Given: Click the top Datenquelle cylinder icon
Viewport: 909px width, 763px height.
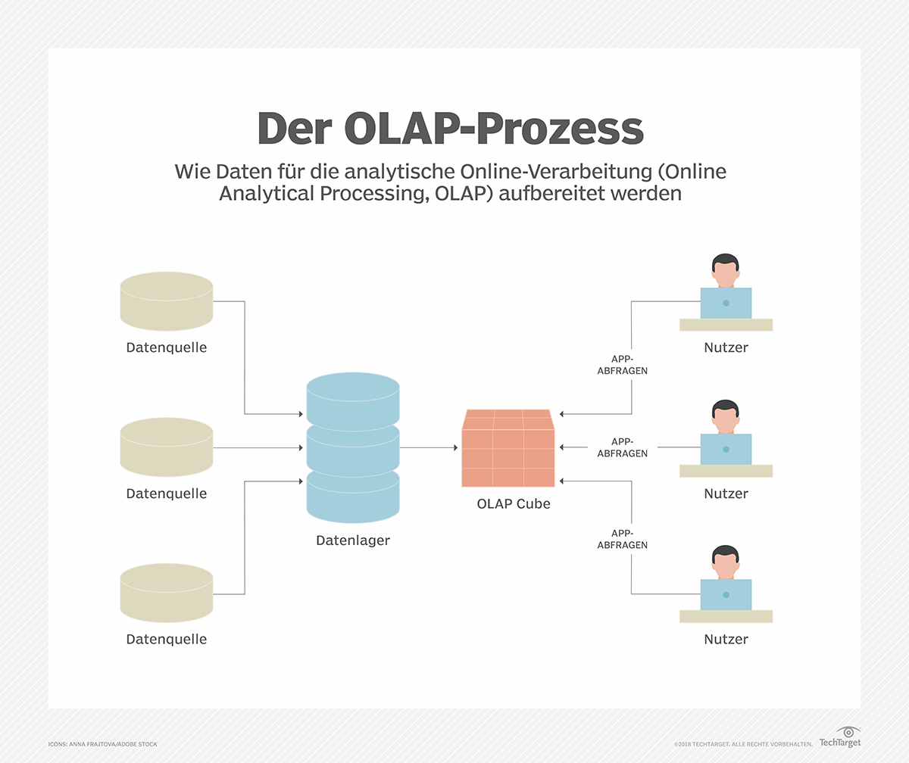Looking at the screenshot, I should (x=167, y=301).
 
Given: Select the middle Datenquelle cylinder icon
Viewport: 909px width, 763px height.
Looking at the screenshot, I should (x=167, y=447).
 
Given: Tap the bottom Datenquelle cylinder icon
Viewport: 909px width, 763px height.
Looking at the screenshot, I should (x=167, y=593).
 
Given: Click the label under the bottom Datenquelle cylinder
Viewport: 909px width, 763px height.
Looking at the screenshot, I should (x=167, y=639).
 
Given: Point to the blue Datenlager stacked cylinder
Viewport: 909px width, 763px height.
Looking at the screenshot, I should (x=353, y=447).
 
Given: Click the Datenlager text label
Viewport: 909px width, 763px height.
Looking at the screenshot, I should (x=353, y=540).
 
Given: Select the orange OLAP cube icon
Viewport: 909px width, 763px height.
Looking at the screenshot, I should (x=508, y=448).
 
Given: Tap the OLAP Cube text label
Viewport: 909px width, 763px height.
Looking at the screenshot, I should (x=514, y=503).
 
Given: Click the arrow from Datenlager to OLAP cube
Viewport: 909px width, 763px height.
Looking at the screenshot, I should (x=428, y=447).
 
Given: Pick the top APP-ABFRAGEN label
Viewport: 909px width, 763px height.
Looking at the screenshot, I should (x=622, y=365).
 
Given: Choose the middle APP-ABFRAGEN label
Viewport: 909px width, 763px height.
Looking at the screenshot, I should (x=622, y=447).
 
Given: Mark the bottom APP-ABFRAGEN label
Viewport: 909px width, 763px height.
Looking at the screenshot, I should (x=622, y=539).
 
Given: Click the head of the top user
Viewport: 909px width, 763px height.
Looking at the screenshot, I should (x=726, y=269).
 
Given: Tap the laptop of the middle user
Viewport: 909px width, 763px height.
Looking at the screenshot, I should (x=726, y=449).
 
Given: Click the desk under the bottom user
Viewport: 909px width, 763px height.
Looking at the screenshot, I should (x=726, y=616).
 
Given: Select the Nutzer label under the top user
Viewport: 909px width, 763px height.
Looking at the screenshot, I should (x=726, y=347).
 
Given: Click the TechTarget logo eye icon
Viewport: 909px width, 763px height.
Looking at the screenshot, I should (x=850, y=732).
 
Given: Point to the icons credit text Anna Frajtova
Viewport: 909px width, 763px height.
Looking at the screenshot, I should (x=102, y=744).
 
